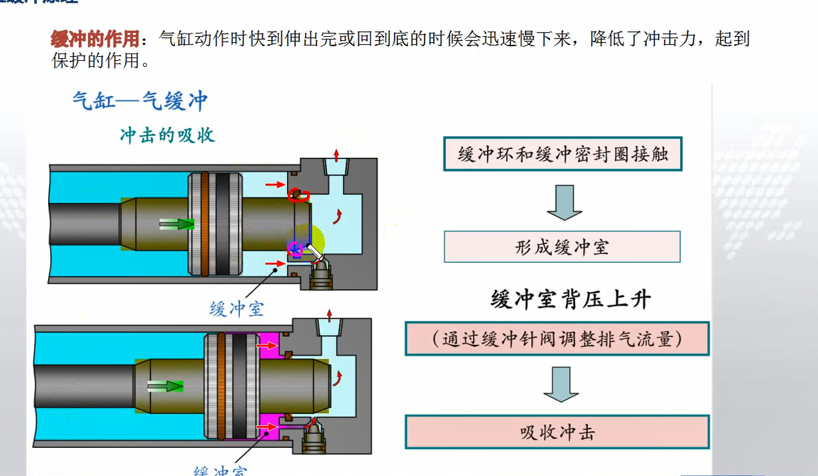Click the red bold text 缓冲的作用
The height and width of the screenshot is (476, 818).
(95, 38)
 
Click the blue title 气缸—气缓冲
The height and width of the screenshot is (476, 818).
(140, 101)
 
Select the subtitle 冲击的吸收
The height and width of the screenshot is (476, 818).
(167, 135)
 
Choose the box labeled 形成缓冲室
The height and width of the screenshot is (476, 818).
(562, 247)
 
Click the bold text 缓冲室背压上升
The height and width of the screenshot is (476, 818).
(570, 299)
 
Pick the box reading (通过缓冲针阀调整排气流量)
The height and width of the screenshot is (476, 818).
(557, 338)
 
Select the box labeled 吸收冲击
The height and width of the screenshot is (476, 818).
(557, 432)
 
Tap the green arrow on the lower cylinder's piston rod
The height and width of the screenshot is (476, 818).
(165, 386)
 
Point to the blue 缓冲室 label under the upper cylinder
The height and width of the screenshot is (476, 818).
(237, 308)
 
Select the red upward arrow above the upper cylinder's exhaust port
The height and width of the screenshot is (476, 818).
(336, 150)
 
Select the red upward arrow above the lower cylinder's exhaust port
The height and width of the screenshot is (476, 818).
(328, 315)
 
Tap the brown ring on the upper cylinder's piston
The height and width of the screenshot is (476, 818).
(205, 224)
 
